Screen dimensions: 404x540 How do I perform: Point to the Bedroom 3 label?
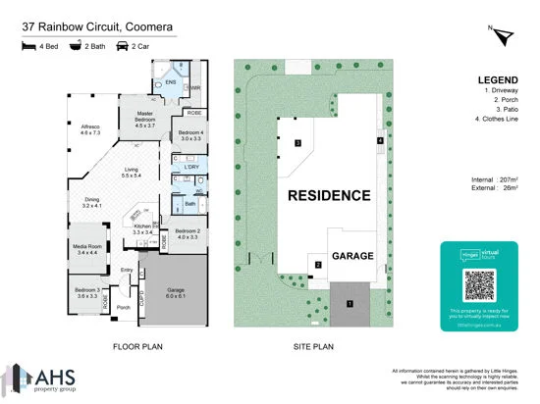[x=87, y=291]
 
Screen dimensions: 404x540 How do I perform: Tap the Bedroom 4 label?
[x=189, y=135]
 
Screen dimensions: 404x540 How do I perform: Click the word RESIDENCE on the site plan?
[x=329, y=196]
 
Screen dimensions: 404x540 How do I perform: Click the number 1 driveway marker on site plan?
[x=349, y=303]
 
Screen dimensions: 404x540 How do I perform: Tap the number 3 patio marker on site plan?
[x=297, y=143]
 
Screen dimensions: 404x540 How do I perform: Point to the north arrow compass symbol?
[x=505, y=36]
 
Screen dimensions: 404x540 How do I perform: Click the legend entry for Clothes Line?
[x=496, y=120]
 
